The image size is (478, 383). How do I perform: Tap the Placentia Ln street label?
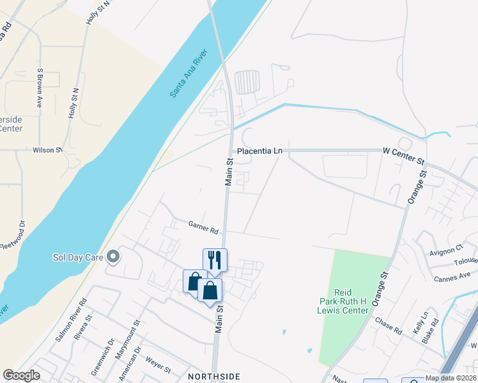(x=259, y=151)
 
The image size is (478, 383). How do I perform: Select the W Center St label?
(x=403, y=151)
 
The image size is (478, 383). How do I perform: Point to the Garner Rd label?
(x=204, y=226)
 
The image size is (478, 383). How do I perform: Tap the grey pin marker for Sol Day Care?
(x=114, y=257)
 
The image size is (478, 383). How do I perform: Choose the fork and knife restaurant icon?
(x=214, y=259)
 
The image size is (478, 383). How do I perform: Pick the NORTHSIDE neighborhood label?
(x=214, y=377)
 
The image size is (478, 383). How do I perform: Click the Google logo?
(x=21, y=375)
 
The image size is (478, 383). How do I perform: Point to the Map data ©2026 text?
(x=450, y=378)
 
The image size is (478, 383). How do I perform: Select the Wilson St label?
(x=47, y=150)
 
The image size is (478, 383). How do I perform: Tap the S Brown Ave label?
(x=40, y=87)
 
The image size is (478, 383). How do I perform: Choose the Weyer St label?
(x=158, y=369)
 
